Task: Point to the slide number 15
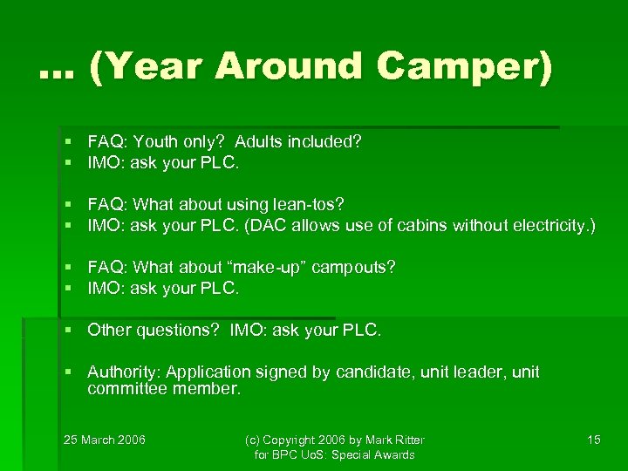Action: pos(593,440)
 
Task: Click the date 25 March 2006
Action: pos(105,440)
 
